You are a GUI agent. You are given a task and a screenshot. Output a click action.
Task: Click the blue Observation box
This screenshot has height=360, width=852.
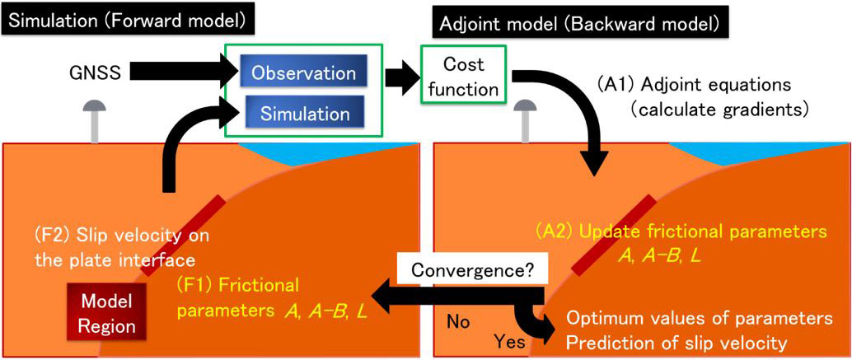(303, 72)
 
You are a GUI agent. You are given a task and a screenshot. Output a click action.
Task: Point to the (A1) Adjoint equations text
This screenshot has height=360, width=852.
(695, 85)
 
